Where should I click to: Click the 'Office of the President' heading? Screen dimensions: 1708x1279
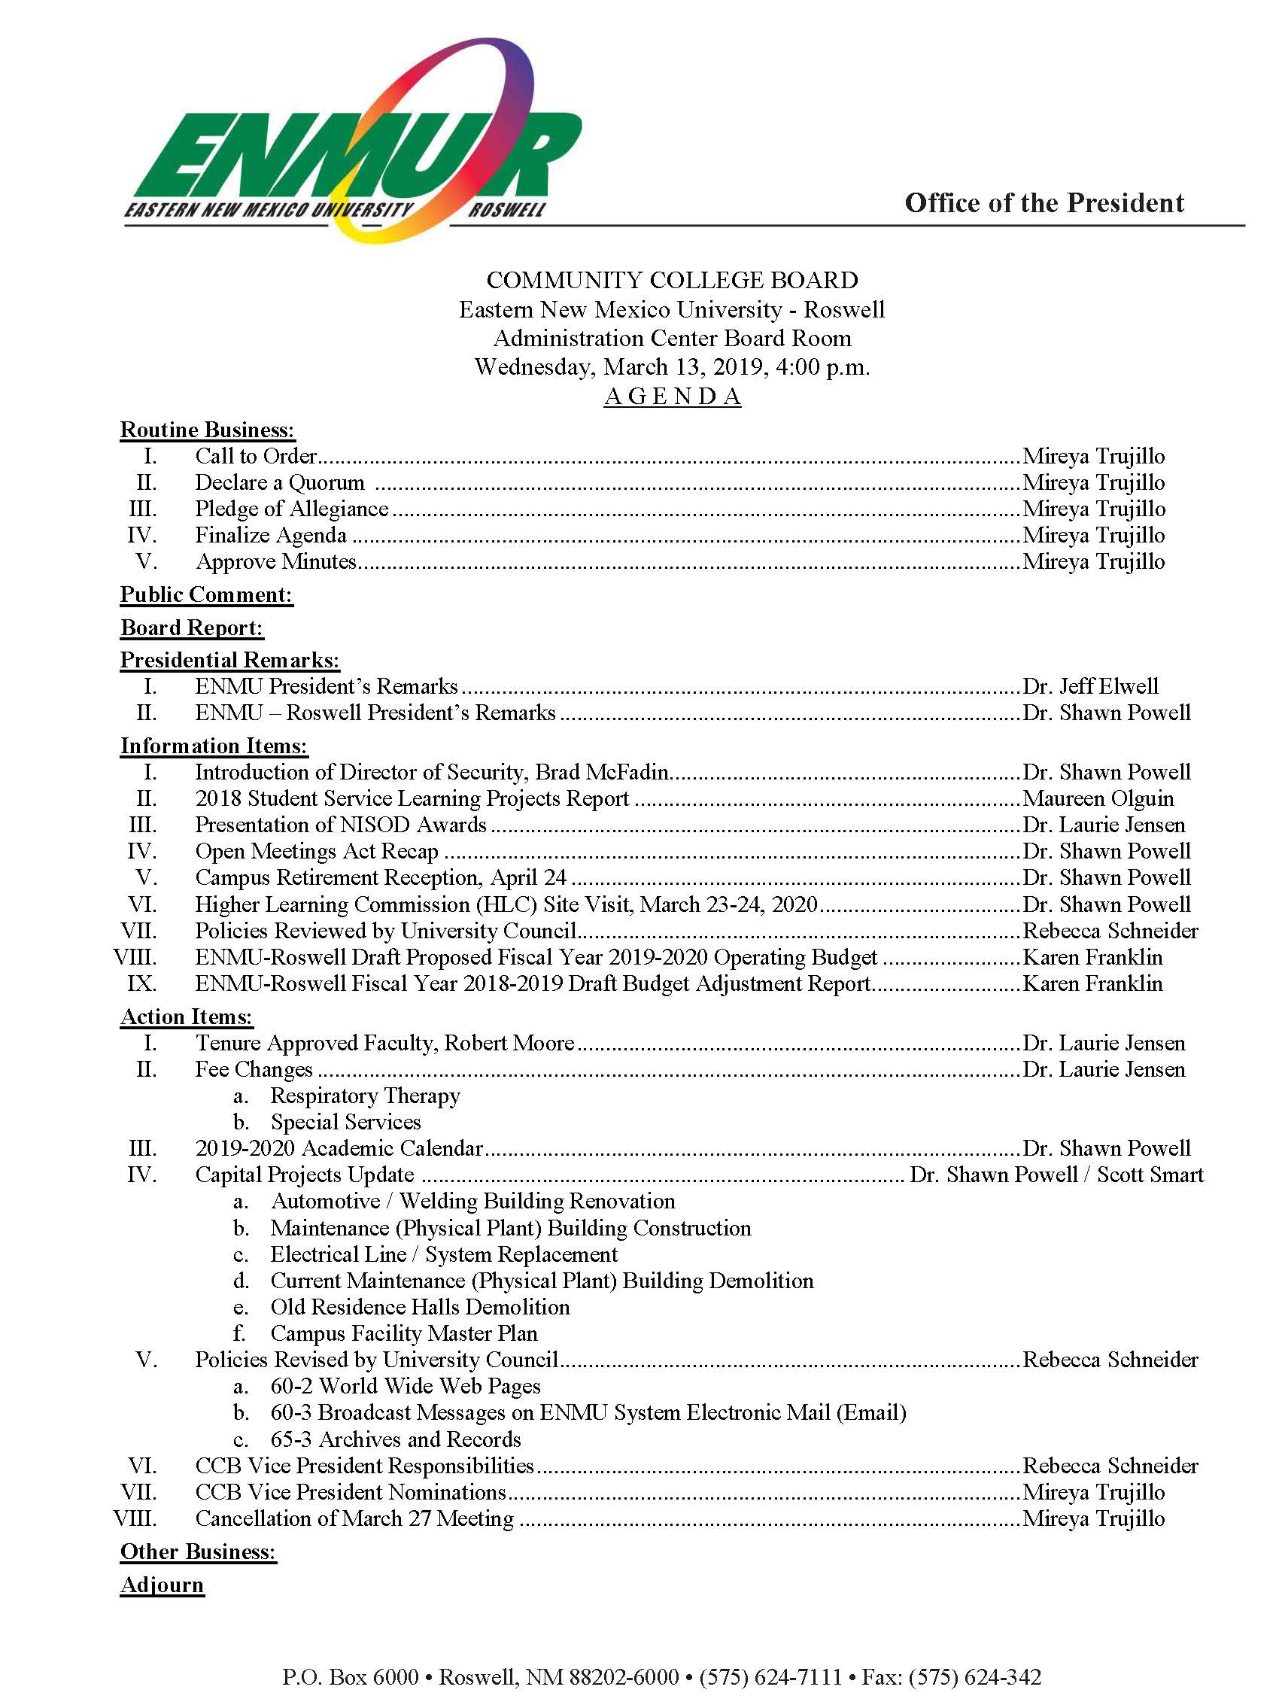click(x=1044, y=203)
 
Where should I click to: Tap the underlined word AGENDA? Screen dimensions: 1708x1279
click(x=673, y=396)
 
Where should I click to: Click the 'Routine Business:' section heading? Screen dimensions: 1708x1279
click(x=208, y=430)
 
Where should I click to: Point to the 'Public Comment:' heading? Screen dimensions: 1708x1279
click(x=206, y=594)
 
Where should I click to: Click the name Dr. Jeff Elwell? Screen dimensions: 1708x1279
click(x=1090, y=686)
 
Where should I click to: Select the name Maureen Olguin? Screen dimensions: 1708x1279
click(x=1098, y=798)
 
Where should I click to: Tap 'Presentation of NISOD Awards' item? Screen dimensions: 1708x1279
click(x=340, y=825)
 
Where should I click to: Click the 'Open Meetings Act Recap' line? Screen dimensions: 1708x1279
click(x=317, y=851)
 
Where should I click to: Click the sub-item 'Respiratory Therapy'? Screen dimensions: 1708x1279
click(x=365, y=1096)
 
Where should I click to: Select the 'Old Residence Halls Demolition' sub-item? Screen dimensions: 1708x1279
click(x=420, y=1306)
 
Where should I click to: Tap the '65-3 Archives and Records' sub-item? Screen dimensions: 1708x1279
click(x=395, y=1439)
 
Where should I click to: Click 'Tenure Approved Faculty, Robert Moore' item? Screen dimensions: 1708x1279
click(x=384, y=1043)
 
